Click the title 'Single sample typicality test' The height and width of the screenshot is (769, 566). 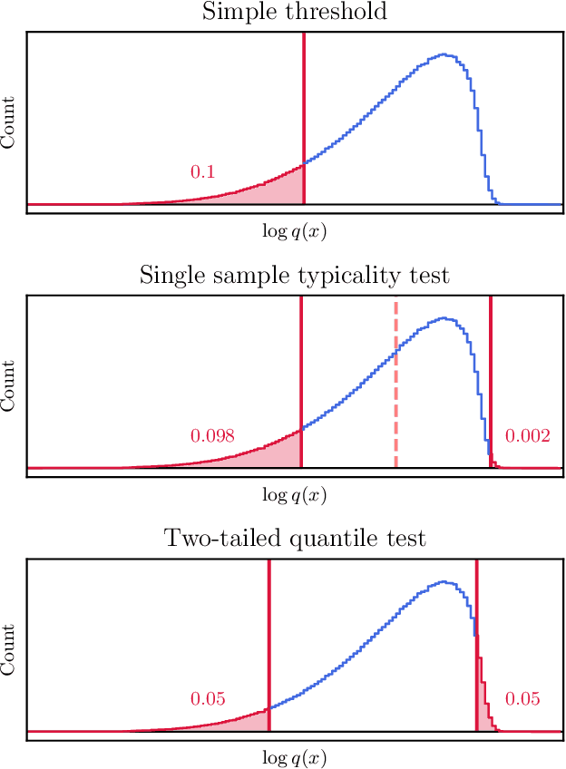(294, 275)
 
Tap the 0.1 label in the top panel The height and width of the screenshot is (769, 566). (203, 171)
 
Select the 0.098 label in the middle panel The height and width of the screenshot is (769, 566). (212, 436)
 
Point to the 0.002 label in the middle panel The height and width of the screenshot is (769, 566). (528, 436)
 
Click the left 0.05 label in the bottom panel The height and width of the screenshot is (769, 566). (208, 699)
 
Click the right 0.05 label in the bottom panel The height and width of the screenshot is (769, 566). (522, 699)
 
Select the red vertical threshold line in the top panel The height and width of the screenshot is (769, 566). (303, 109)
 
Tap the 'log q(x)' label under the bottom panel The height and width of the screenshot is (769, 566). (294, 757)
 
